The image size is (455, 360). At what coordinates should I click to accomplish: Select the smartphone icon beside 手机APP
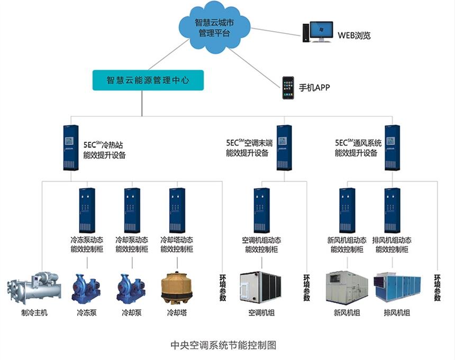288,87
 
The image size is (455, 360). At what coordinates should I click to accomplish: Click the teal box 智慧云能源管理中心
148,81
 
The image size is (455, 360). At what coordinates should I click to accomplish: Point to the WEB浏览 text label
354,36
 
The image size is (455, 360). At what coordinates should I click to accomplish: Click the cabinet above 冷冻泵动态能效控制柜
87,210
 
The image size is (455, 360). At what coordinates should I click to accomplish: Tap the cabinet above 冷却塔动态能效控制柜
177,210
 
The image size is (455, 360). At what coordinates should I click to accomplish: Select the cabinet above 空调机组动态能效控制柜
261,210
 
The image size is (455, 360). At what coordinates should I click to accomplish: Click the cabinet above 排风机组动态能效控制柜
392,210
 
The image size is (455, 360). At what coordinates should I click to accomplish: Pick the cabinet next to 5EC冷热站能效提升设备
70,147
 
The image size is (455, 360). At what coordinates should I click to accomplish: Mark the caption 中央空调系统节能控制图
224,345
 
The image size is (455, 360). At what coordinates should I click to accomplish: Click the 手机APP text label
314,88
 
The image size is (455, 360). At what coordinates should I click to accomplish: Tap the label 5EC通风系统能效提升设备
358,148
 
